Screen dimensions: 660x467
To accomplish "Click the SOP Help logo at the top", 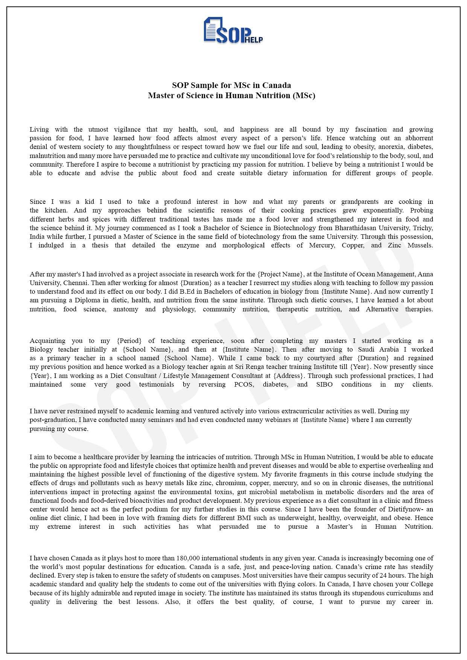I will click(x=233, y=30).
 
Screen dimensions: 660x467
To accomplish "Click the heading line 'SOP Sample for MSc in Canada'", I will click(x=231, y=85).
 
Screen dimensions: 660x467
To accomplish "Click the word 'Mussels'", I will click(x=418, y=245).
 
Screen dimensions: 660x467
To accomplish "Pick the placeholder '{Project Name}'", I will click(x=280, y=274).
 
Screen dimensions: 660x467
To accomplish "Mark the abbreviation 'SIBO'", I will click(x=324, y=384).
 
